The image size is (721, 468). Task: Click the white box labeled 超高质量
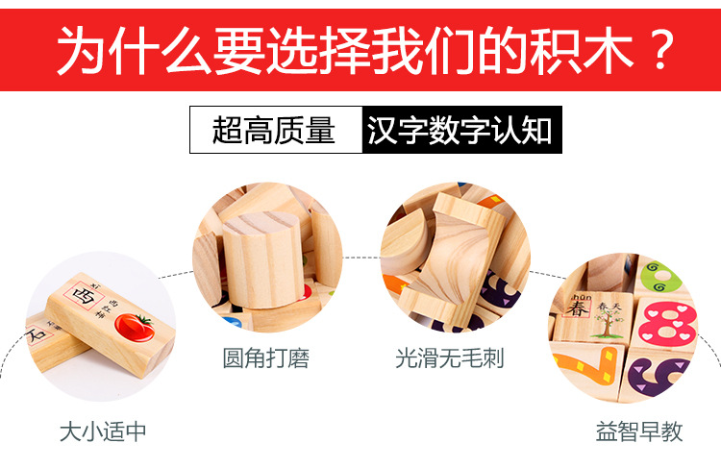274,130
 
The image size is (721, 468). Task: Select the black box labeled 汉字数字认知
460,130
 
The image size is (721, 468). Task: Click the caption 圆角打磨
266,359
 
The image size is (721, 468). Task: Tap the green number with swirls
662,277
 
